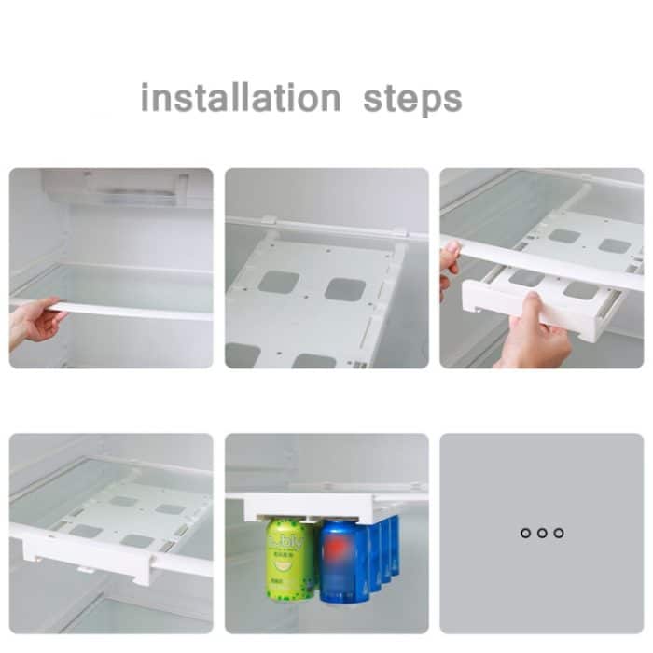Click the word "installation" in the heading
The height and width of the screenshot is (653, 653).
click(241, 98)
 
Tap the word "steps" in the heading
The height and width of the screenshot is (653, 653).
click(412, 99)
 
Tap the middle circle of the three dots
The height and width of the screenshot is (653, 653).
click(542, 533)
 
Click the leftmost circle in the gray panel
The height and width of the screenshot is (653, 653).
click(526, 533)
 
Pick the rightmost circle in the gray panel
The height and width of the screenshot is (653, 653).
click(558, 533)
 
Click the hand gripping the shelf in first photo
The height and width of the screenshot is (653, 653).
click(33, 322)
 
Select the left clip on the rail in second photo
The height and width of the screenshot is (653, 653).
click(269, 223)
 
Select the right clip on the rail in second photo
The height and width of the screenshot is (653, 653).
click(399, 231)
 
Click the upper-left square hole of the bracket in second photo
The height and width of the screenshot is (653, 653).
click(279, 282)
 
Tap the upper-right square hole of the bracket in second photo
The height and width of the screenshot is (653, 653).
click(345, 289)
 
